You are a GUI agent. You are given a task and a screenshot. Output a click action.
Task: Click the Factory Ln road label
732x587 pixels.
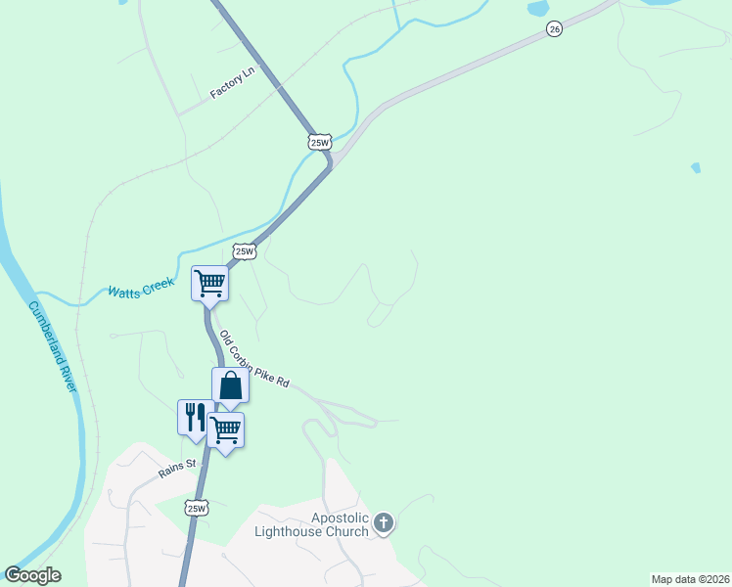coord(232,85)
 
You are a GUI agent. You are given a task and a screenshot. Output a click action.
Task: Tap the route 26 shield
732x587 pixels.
coord(555,29)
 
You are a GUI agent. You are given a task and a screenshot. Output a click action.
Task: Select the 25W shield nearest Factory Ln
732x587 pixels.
coord(320,142)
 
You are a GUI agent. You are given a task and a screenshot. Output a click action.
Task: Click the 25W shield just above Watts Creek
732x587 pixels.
coord(245,251)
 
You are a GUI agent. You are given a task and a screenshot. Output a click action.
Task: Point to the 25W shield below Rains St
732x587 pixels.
coord(197,508)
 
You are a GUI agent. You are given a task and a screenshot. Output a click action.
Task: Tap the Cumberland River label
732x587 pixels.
coord(52,346)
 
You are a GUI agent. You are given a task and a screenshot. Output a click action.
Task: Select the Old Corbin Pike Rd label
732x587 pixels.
coord(253,360)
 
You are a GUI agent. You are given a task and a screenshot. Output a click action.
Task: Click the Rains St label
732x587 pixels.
coord(179,469)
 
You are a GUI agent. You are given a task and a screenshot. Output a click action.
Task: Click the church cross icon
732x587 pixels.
coord(383,523)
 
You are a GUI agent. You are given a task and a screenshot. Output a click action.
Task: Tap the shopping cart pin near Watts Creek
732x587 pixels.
coord(209,285)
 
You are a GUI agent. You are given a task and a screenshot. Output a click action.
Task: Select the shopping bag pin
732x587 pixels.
coord(230,385)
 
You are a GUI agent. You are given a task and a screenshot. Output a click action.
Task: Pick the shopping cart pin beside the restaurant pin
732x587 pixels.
coord(226,429)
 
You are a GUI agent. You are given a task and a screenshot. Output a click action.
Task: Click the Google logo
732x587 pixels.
coord(32,575)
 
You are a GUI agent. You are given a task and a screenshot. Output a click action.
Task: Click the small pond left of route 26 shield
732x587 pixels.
coord(538,9)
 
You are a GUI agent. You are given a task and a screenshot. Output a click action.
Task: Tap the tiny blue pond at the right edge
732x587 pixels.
coord(696,168)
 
